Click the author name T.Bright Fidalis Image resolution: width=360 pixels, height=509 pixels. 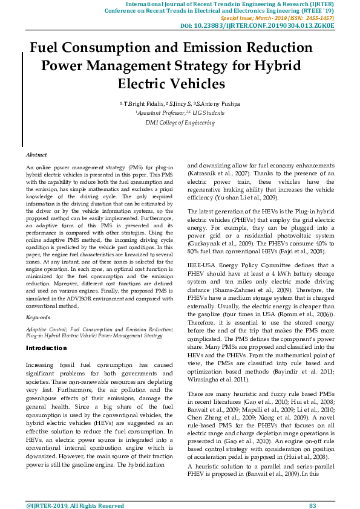point(143,103)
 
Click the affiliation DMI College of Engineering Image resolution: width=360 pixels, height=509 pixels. point(180,122)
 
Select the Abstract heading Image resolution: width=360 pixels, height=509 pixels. point(36,155)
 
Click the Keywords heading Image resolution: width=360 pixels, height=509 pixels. point(38,317)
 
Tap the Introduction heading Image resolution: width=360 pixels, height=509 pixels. point(47,348)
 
